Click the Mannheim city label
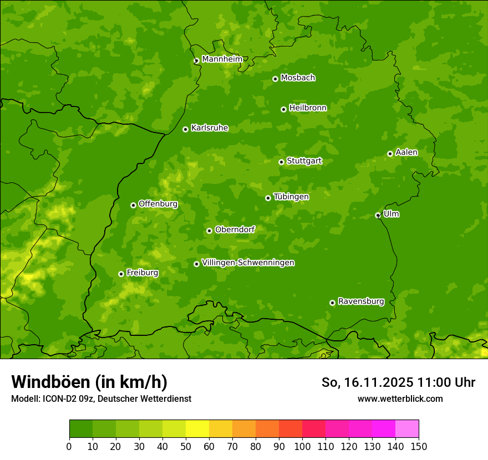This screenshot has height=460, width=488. (x=222, y=59)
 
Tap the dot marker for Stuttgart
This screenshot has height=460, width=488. (x=281, y=162)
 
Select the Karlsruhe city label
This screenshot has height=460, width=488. (x=209, y=128)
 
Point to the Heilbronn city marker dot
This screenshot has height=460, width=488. (x=283, y=109)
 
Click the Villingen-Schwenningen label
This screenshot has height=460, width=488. (x=248, y=263)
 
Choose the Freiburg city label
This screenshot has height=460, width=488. (x=142, y=273)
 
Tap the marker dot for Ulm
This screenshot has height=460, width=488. (x=378, y=215)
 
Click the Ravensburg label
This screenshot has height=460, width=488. (x=360, y=301)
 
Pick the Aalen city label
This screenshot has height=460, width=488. (x=406, y=152)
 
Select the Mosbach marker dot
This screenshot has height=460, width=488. (x=275, y=79)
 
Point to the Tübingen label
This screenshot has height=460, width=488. (x=291, y=197)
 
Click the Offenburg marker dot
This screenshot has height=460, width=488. (x=133, y=205)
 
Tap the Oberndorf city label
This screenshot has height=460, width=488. (x=235, y=229)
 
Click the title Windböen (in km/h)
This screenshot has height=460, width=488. (x=89, y=382)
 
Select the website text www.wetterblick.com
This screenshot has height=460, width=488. (x=400, y=398)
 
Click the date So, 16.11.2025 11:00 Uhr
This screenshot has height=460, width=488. (x=398, y=382)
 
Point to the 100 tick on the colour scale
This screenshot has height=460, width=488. (x=302, y=446)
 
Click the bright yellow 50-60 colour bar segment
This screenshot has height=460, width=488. (x=197, y=429)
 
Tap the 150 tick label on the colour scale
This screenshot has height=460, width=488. (x=419, y=446)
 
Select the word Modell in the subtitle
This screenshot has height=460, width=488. (x=24, y=398)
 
